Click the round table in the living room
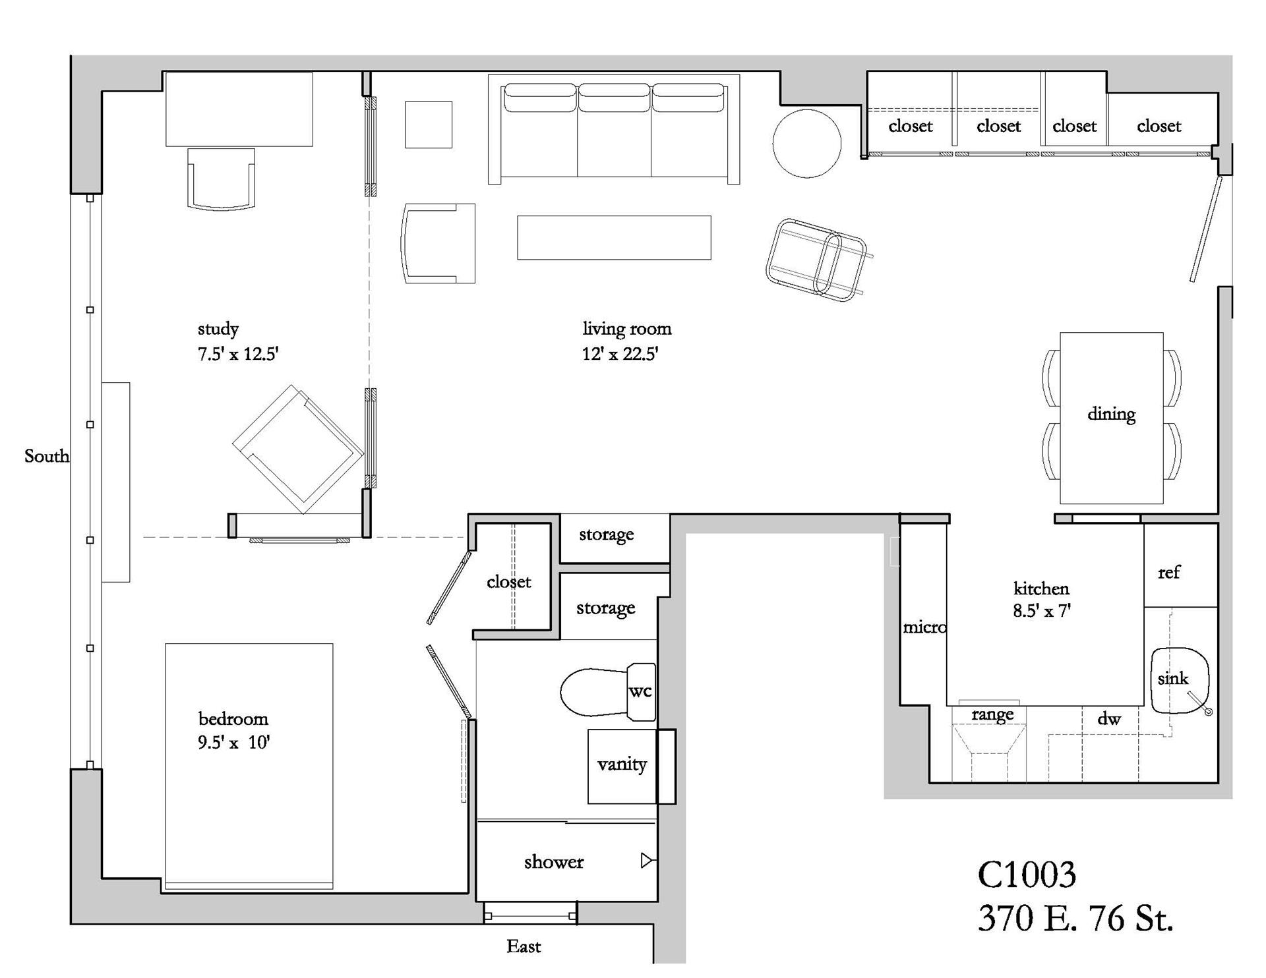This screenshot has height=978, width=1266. pyautogui.click(x=806, y=144)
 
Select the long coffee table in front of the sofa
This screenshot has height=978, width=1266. pyautogui.click(x=614, y=237)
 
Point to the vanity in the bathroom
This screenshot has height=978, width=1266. pyautogui.click(x=622, y=766)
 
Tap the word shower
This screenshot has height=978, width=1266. pyautogui.click(x=554, y=862)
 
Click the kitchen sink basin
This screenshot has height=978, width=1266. pyautogui.click(x=1180, y=680)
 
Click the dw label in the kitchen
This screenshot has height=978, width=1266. pyautogui.click(x=1109, y=719)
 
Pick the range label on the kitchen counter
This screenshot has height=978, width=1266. pyautogui.click(x=992, y=714)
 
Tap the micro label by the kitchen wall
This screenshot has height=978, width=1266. pyautogui.click(x=924, y=627)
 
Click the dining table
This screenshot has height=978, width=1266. pyautogui.click(x=1111, y=418)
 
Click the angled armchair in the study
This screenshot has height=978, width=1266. pyautogui.click(x=298, y=448)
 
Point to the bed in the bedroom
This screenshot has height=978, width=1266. pyautogui.click(x=249, y=764)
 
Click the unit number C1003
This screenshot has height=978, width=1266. pyautogui.click(x=1026, y=875)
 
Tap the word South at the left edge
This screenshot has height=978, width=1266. pyautogui.click(x=46, y=456)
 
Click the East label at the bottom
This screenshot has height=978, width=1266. pyautogui.click(x=524, y=947)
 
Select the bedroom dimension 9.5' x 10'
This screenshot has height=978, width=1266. pyautogui.click(x=234, y=743)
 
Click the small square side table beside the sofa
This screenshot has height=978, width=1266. pyautogui.click(x=429, y=125)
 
